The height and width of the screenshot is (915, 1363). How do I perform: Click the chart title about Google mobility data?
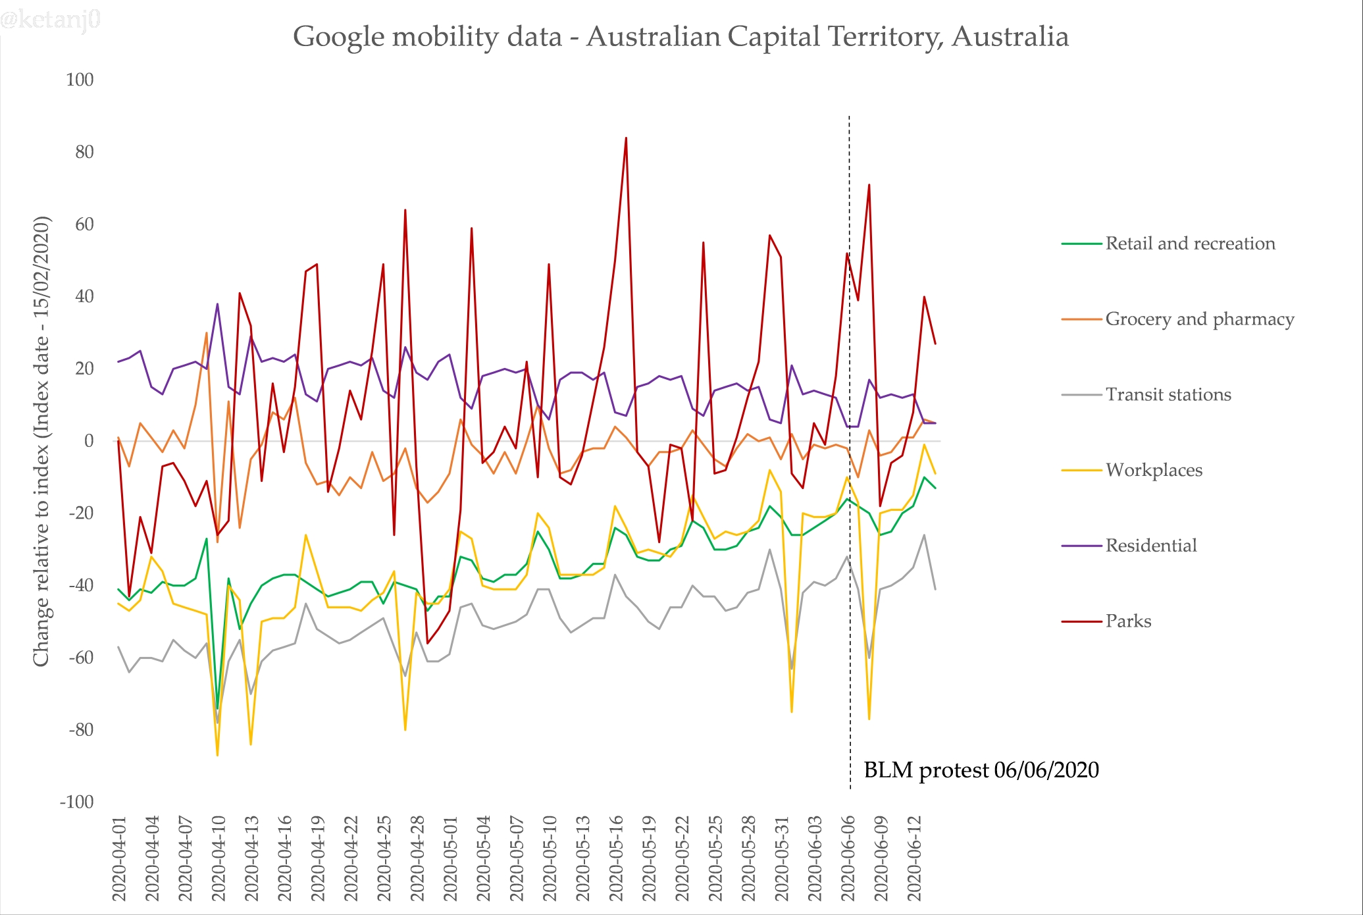pos(681,37)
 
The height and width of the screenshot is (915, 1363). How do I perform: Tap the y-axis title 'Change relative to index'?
pos(41,441)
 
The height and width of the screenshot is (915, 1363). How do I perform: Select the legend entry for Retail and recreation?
pos(1189,244)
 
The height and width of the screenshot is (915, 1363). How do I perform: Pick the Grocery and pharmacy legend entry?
pos(1199,319)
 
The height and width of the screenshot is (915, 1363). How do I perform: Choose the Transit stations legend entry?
pos(1168,395)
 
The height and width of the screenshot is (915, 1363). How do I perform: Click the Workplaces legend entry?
pos(1154,470)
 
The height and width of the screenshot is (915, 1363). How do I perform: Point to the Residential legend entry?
pos(1150,546)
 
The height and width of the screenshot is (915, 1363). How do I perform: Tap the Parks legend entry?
pos(1128,621)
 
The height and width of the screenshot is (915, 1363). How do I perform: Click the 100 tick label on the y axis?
pos(80,80)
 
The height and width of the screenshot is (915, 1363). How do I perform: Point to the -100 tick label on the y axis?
pos(77,802)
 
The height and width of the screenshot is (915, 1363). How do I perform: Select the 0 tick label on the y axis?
pos(88,441)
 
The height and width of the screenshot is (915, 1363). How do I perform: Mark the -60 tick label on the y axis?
pos(81,658)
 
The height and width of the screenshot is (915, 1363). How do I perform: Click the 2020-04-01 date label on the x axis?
pos(119,859)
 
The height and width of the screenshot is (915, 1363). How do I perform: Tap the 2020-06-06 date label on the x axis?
pos(848,859)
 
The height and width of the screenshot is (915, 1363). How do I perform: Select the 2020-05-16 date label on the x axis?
pos(616,859)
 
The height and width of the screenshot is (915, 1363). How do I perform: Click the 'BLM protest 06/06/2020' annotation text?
pos(981,770)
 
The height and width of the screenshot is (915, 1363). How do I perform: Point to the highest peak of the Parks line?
pos(626,138)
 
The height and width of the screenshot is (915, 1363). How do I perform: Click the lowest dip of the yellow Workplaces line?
pos(218,754)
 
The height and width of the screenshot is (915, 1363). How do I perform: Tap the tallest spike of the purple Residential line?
pos(218,304)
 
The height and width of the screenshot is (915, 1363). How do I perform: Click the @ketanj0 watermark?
pos(50,20)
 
